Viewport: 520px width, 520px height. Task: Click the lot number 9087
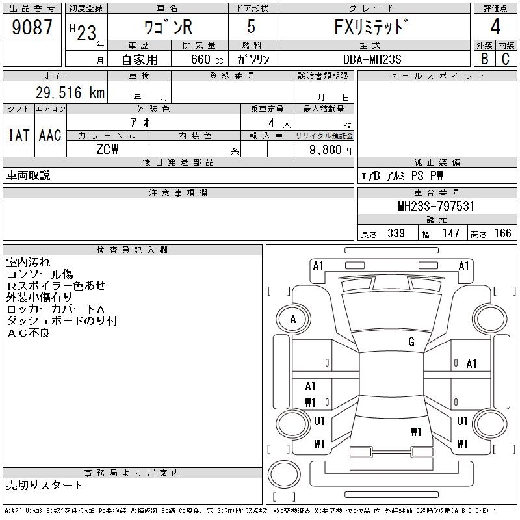point(33,28)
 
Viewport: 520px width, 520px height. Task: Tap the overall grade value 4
point(495,27)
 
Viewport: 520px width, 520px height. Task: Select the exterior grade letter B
point(484,58)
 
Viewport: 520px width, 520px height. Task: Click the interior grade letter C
point(505,58)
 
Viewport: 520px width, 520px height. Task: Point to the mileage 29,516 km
point(62,92)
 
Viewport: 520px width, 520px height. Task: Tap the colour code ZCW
point(107,149)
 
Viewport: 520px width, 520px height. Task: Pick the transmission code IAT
point(18,135)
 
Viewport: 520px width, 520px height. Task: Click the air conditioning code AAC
point(50,135)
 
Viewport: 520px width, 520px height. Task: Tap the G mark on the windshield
point(411,341)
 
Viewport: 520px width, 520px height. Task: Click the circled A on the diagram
point(293,319)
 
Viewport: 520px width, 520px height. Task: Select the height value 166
point(502,233)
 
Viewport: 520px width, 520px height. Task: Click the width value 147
point(450,233)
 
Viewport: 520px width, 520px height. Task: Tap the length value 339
point(395,233)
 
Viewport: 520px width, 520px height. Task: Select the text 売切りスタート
point(44,485)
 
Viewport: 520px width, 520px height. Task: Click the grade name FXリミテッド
point(372,28)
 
